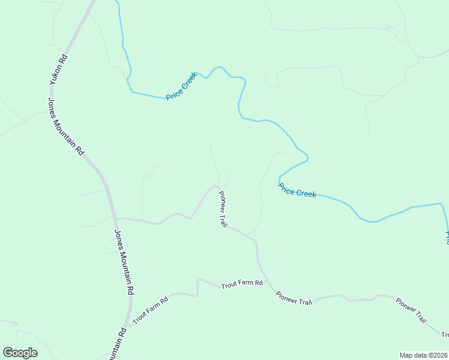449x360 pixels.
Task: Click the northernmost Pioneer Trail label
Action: (222, 208)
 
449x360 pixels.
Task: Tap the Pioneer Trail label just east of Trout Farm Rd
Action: (295, 298)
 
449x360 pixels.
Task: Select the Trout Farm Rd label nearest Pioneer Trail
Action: (242, 283)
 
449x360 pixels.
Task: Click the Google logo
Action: (20, 353)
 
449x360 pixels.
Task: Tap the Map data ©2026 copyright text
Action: (424, 355)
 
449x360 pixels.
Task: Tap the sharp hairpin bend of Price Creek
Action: (307, 158)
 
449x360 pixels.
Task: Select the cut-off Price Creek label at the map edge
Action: (447, 237)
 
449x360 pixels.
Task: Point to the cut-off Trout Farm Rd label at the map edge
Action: (445, 335)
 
